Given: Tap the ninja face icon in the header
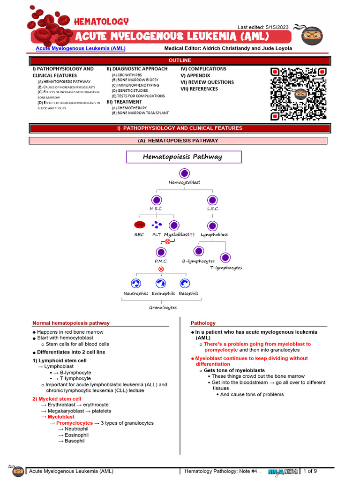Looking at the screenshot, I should click(x=312, y=35).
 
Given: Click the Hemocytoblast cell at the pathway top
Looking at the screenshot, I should click(x=184, y=173).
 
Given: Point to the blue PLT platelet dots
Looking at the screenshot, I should click(x=157, y=225).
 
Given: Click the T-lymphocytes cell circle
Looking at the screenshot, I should click(x=225, y=258).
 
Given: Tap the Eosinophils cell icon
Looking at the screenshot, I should click(x=161, y=283).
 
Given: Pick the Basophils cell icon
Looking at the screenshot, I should click(x=184, y=283).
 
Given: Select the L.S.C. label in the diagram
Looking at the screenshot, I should click(x=213, y=209).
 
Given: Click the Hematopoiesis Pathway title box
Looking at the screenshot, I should click(x=184, y=157).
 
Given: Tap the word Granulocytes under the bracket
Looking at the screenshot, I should click(x=163, y=307).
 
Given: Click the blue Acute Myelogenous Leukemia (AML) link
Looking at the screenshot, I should click(x=81, y=48).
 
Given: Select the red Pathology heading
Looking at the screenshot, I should click(x=203, y=323).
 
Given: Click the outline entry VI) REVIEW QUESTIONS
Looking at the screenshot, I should click(x=207, y=82).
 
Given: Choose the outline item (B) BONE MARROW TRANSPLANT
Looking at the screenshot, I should click(x=140, y=113).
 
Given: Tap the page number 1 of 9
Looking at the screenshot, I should click(x=310, y=471).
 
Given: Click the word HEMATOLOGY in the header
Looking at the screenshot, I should click(x=101, y=22).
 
